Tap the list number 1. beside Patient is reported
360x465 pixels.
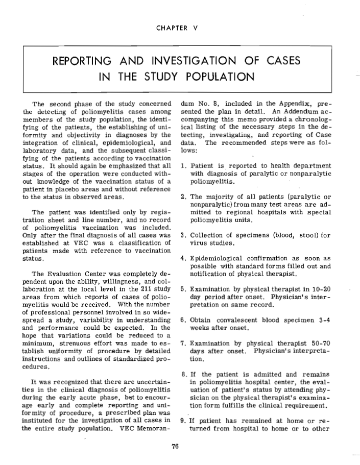(184, 166)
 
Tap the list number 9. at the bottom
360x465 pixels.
(184, 421)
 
